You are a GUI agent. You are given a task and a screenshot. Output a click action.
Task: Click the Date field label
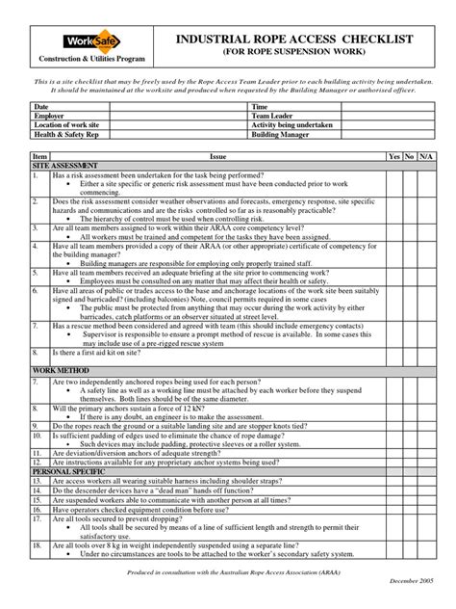click(x=41, y=107)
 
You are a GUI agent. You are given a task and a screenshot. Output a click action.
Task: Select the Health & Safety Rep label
click(x=65, y=133)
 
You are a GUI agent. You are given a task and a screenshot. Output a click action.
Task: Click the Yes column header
click(x=393, y=155)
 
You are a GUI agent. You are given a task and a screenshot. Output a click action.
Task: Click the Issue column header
click(x=217, y=155)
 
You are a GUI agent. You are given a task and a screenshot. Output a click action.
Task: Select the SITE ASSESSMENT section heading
click(x=63, y=165)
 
